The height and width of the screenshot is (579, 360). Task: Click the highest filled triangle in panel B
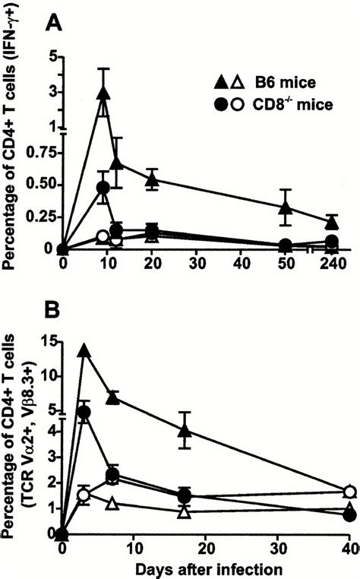coord(84,350)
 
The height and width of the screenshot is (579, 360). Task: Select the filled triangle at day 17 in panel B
coord(184,430)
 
